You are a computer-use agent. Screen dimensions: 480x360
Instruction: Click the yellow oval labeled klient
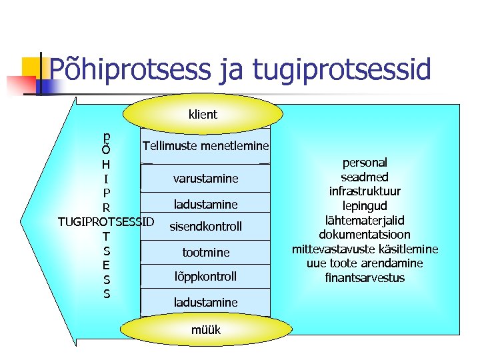tap(203, 114)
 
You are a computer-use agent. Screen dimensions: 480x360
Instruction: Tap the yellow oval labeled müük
tap(205, 330)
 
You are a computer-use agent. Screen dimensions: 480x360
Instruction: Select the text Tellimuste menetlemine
tap(205, 145)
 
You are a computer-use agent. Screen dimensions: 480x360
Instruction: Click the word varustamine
tap(205, 179)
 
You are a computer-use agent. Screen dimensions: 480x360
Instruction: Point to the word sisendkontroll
tap(205, 227)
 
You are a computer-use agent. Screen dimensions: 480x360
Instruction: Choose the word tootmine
tap(205, 252)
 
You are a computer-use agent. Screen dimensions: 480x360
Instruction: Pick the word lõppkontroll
tap(205, 276)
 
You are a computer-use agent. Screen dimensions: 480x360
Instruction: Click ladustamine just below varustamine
tap(205, 204)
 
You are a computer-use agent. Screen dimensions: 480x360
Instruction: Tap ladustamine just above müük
tap(205, 303)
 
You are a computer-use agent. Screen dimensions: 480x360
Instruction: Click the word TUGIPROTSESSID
tap(106, 221)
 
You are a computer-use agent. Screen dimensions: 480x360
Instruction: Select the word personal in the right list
tap(365, 163)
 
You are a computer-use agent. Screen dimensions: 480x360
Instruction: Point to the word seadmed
tap(365, 177)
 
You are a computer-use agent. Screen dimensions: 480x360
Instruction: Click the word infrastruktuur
tap(365, 191)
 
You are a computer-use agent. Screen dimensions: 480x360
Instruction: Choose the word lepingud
tap(365, 206)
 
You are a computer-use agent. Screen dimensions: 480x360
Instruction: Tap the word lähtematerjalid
tap(365, 220)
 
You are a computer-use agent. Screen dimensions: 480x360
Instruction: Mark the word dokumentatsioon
tap(365, 235)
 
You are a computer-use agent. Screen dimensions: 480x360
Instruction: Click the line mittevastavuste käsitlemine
tap(365, 249)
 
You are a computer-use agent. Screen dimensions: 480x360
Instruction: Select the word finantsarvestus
tap(365, 277)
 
